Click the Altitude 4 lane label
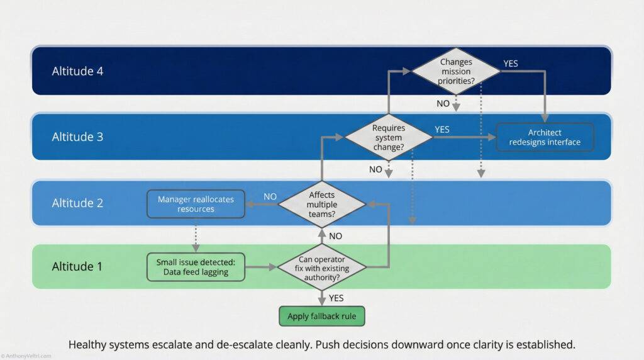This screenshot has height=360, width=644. (77, 71)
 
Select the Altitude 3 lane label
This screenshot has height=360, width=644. (77, 137)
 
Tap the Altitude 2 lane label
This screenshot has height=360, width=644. (77, 203)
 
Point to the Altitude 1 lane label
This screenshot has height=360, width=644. (77, 266)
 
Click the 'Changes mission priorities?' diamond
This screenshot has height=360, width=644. (456, 71)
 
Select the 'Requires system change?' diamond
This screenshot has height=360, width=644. (389, 137)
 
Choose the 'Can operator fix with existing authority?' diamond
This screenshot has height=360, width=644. (322, 266)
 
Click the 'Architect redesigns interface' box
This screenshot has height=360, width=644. (545, 137)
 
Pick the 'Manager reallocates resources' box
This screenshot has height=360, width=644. (196, 204)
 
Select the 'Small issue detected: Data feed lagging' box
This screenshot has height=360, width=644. (196, 266)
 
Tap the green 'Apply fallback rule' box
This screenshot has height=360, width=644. (321, 316)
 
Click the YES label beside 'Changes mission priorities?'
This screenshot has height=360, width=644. (511, 64)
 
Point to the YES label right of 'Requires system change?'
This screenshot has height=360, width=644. (442, 130)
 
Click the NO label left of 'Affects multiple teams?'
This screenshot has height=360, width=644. (270, 196)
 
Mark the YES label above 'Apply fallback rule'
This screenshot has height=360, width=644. (336, 298)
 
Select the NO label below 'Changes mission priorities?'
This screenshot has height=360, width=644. (443, 103)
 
